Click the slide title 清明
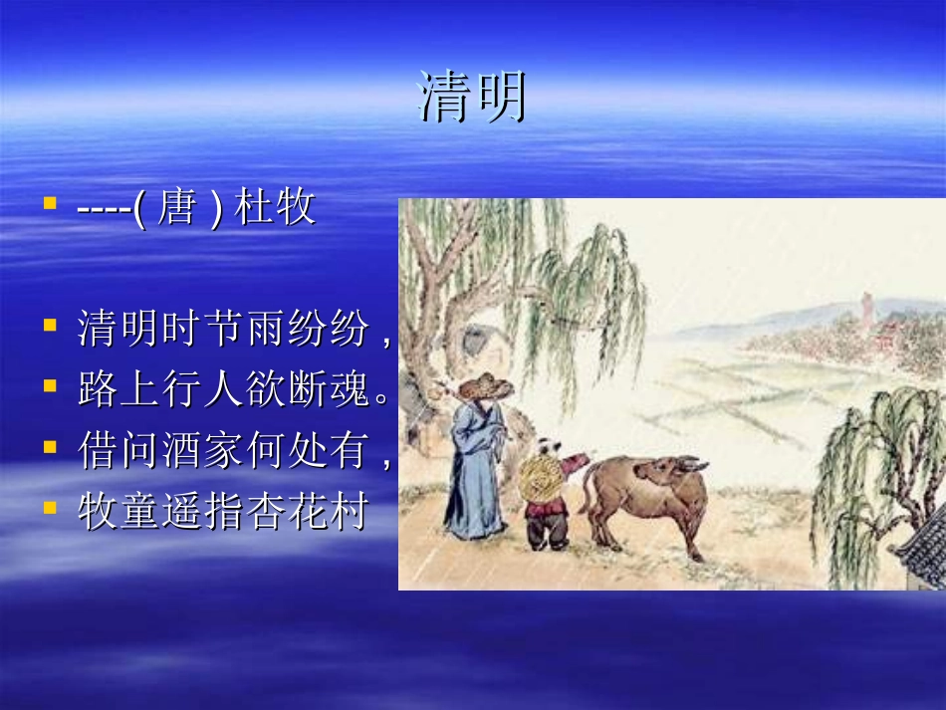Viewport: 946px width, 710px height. [471, 98]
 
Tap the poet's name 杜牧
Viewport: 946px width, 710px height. [275, 209]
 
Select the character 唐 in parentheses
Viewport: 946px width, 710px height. [176, 209]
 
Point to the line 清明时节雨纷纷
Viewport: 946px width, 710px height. [223, 329]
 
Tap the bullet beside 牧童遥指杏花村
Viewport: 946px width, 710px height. [49, 508]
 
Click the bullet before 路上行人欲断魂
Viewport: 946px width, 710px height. [49, 386]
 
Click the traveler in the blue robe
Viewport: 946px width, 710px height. [476, 468]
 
